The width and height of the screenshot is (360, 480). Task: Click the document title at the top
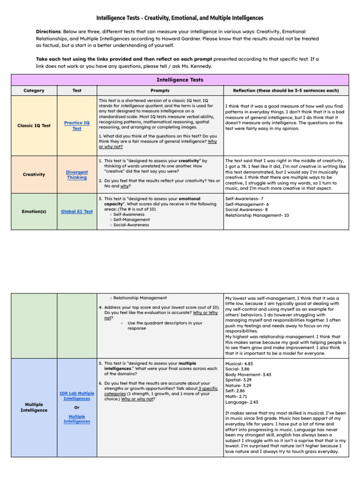(x=180, y=18)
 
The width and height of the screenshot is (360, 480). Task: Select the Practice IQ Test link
(x=77, y=126)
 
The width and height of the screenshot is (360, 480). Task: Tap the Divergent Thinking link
(x=77, y=175)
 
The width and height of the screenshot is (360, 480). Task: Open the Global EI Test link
(x=77, y=211)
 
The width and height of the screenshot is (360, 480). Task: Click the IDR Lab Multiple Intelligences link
(x=77, y=396)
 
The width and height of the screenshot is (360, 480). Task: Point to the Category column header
(x=34, y=90)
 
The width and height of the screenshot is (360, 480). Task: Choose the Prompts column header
(x=160, y=90)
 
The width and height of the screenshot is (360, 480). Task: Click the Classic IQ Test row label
(x=34, y=126)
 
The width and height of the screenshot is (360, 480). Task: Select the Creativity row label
(x=34, y=174)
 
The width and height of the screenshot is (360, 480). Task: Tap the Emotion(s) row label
(x=34, y=211)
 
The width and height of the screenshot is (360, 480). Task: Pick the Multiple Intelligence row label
(x=34, y=407)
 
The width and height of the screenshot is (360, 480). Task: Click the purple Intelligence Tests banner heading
(x=180, y=80)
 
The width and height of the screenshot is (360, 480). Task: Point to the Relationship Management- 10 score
(x=257, y=216)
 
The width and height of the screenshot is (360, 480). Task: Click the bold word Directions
(x=48, y=31)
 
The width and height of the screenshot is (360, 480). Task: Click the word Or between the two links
(x=77, y=407)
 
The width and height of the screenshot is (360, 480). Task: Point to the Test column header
(x=77, y=90)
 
